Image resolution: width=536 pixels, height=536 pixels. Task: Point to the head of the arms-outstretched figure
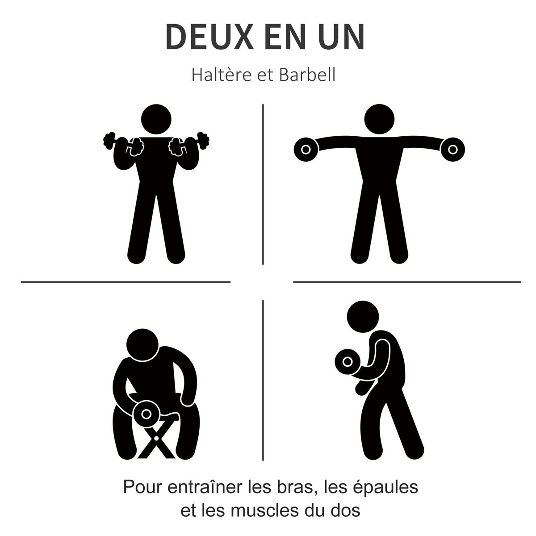380,120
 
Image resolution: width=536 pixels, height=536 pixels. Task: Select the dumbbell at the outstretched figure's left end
305,149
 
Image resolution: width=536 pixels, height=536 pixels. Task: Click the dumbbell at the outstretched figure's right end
453,149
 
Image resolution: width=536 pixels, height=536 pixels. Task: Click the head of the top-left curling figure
156,119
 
